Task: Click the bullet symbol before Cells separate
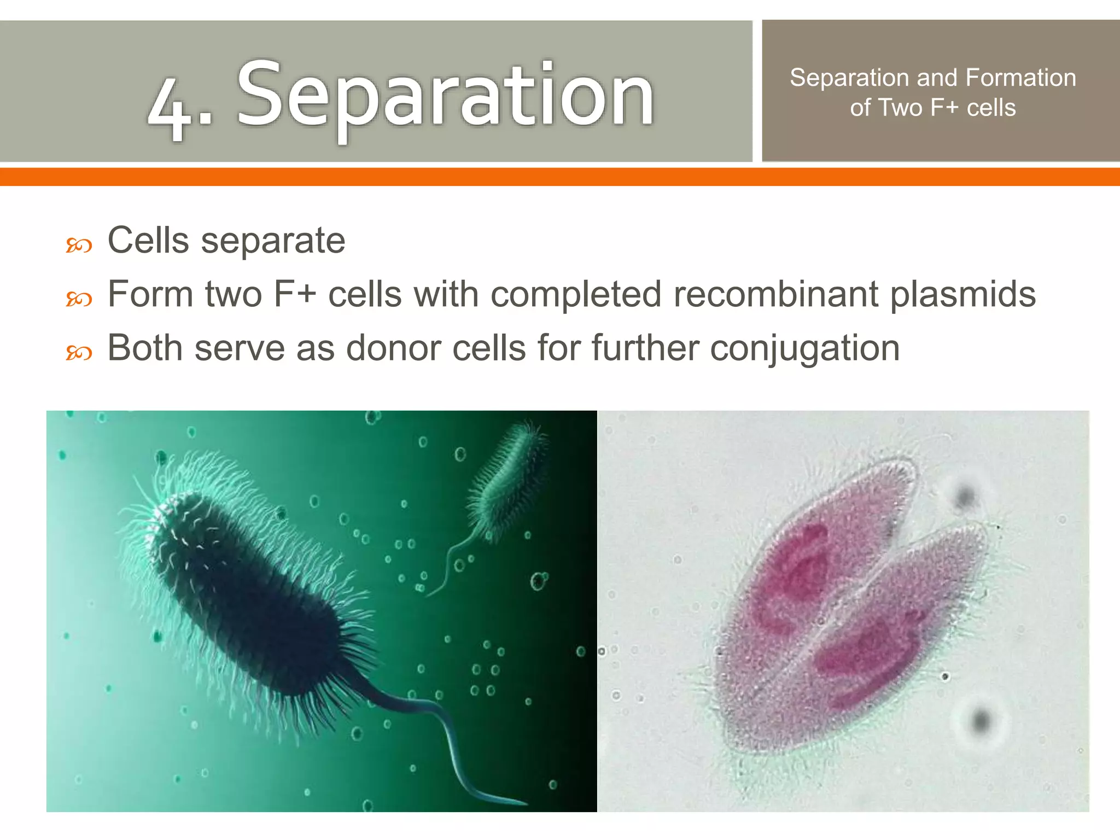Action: click(x=79, y=246)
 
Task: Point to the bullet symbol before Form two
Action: click(x=79, y=299)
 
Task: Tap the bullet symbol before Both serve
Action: click(x=79, y=353)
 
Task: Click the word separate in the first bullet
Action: click(x=273, y=241)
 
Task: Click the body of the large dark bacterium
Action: click(x=246, y=591)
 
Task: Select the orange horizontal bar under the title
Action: click(x=560, y=177)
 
